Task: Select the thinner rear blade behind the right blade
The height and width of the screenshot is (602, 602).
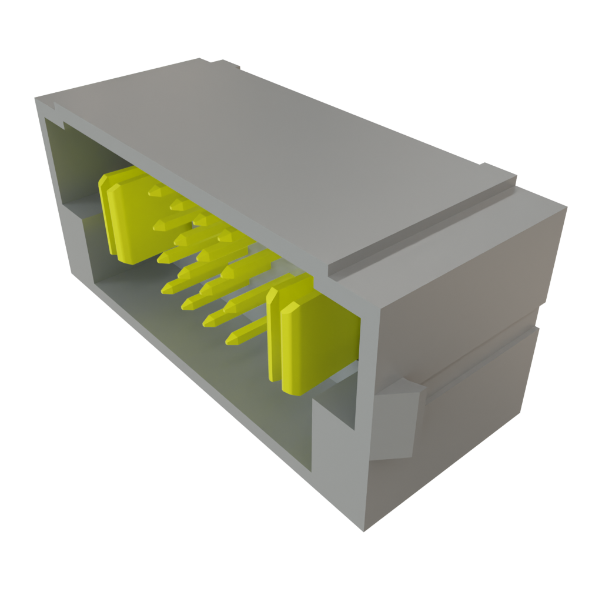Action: (x=274, y=329)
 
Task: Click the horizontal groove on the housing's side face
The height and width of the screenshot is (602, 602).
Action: (x=482, y=359)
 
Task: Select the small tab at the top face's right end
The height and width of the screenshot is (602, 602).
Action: (x=500, y=170)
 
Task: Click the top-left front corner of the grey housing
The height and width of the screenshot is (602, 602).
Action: (x=36, y=100)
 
